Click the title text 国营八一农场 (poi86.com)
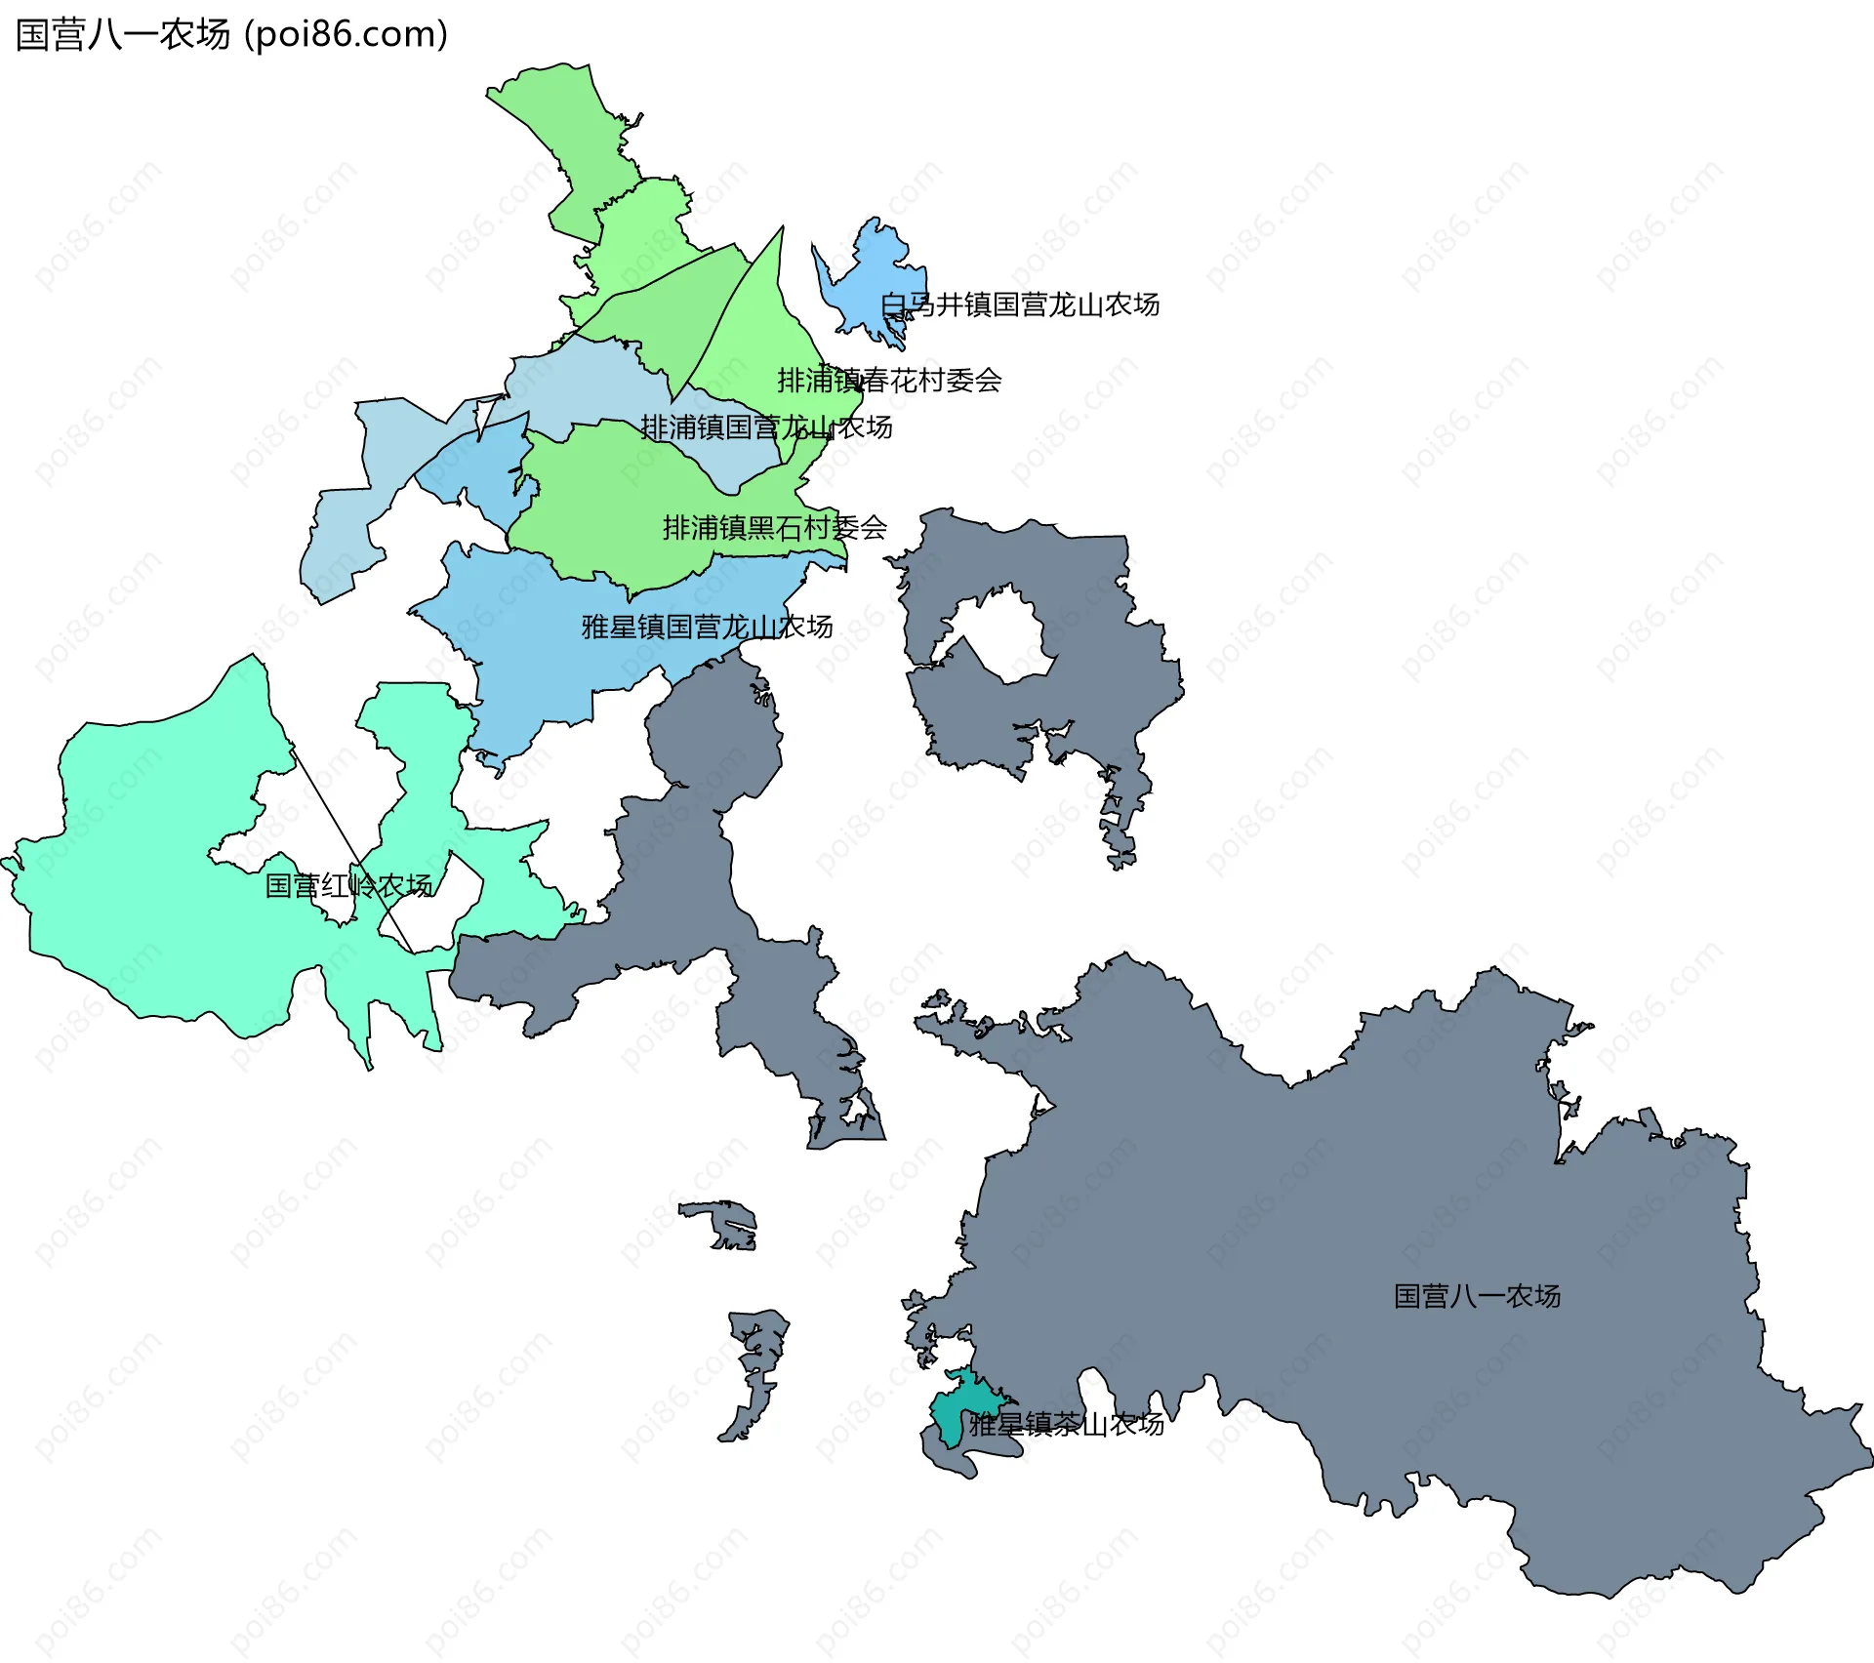click(x=231, y=34)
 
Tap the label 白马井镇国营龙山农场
click(x=1020, y=304)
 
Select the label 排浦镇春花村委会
click(x=889, y=380)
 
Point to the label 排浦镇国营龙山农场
click(x=766, y=426)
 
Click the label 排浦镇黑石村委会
click(x=775, y=527)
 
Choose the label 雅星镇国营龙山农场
click(x=707, y=626)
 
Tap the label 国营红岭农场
click(x=348, y=885)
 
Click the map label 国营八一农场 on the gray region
click(x=1477, y=1296)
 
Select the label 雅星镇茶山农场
click(x=1066, y=1424)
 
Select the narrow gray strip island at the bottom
click(x=756, y=1366)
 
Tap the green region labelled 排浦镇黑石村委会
click(x=605, y=507)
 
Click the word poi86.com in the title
click(x=346, y=34)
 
